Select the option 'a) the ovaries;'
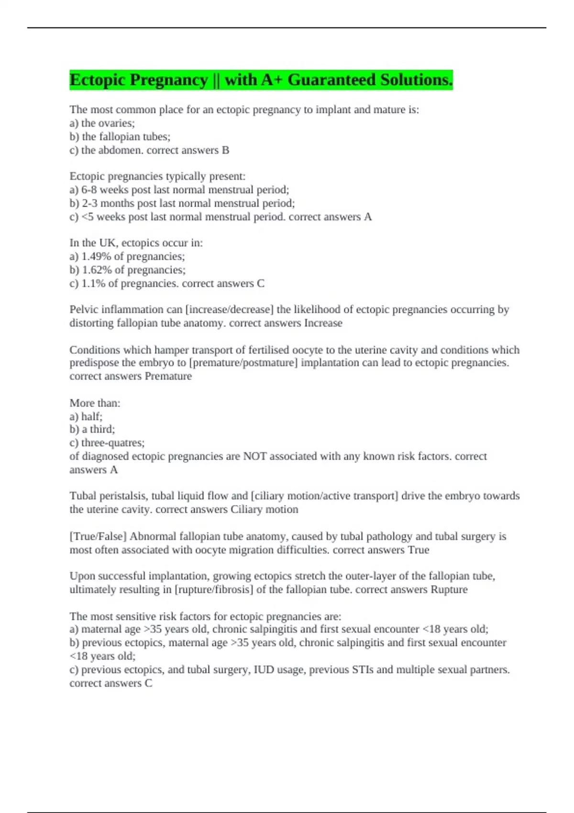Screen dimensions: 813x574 pyautogui.click(x=102, y=123)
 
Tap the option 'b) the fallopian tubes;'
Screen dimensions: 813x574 pyautogui.click(x=120, y=137)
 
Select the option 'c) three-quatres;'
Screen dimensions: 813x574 pyautogui.click(x=107, y=443)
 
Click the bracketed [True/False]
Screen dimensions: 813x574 pyautogui.click(x=98, y=537)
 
